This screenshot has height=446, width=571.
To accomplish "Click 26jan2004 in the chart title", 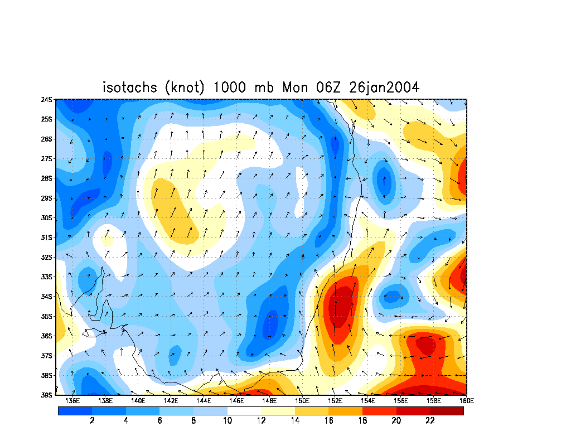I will (x=384, y=88).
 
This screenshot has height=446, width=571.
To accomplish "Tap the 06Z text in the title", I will (x=329, y=88).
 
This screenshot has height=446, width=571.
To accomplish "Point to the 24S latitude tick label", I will (x=47, y=100).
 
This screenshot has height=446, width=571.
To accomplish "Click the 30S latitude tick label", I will (x=47, y=218).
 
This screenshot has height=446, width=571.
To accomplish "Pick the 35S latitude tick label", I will (x=47, y=316).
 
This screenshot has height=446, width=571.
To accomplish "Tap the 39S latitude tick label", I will (x=47, y=395).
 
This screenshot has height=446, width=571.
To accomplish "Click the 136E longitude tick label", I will (x=72, y=400).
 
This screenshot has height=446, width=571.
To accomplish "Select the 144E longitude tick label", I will (x=204, y=400).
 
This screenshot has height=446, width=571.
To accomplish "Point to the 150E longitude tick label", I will (x=302, y=400).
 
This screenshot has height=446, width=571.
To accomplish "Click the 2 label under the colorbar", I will (x=92, y=421).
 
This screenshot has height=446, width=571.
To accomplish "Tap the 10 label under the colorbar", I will (x=227, y=421).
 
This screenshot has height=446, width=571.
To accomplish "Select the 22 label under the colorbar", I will (x=430, y=421).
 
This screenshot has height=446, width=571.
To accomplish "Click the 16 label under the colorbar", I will (x=328, y=421).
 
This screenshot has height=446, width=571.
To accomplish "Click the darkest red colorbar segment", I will (x=447, y=411).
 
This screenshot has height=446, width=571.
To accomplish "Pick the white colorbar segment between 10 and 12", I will (x=244, y=411).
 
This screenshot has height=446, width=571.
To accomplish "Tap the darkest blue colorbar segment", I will (x=75, y=411).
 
